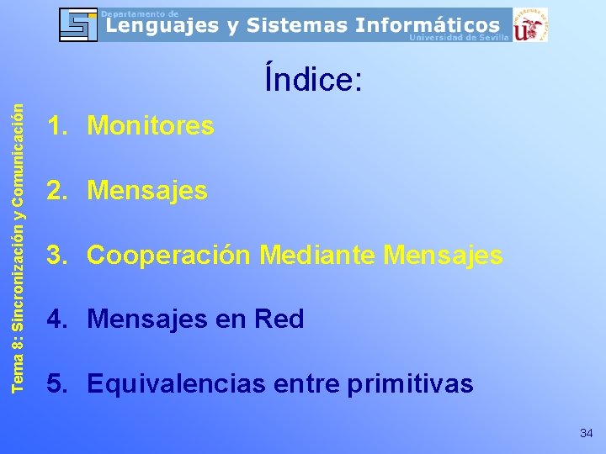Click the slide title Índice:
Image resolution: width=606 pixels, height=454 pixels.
313,81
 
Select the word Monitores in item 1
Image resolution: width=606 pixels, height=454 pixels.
151,126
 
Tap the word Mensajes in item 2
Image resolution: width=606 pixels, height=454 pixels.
147,191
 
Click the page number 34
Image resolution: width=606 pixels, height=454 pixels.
587,433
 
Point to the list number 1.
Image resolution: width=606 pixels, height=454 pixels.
56,126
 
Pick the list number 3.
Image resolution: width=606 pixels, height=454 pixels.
56,255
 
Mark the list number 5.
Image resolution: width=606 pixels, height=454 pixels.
56,384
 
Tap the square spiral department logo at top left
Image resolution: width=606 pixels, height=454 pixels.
77,24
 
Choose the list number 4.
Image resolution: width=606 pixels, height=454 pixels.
56,319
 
